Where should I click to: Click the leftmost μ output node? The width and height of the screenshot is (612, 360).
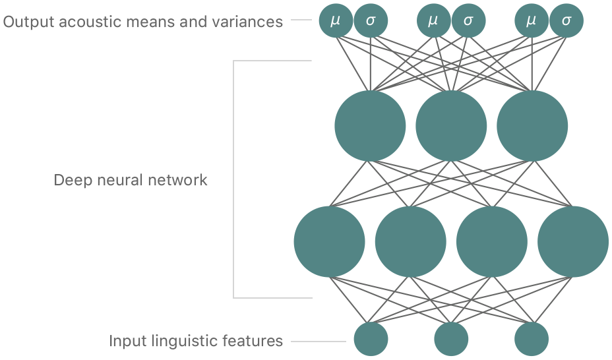pyautogui.click(x=336, y=21)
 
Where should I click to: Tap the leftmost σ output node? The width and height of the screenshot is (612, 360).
pyautogui.click(x=371, y=21)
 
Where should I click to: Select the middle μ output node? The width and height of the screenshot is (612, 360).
pyautogui.click(x=433, y=21)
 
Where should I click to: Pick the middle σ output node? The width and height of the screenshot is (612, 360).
pyautogui.click(x=468, y=21)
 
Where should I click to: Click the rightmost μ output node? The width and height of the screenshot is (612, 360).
pyautogui.click(x=532, y=21)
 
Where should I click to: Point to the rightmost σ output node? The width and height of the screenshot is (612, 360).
pyautogui.click(x=566, y=21)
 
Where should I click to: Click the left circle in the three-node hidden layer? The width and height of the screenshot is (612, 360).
pyautogui.click(x=370, y=125)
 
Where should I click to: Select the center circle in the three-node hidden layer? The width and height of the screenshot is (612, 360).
pyautogui.click(x=451, y=125)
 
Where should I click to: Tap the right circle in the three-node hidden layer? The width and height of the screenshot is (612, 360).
pyautogui.click(x=532, y=125)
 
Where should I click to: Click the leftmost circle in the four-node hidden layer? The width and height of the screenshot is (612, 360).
pyautogui.click(x=329, y=241)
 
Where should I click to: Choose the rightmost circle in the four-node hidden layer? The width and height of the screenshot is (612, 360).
pyautogui.click(x=572, y=241)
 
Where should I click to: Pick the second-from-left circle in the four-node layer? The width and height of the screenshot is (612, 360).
pyautogui.click(x=410, y=241)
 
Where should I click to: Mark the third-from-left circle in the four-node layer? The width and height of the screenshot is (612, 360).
pyautogui.click(x=491, y=241)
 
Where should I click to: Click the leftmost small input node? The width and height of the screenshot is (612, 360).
pyautogui.click(x=371, y=339)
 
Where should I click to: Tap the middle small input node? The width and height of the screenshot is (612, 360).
pyautogui.click(x=451, y=339)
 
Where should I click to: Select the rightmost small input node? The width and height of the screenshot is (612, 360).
pyautogui.click(x=532, y=339)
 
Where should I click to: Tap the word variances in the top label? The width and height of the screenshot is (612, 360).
pyautogui.click(x=252, y=22)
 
